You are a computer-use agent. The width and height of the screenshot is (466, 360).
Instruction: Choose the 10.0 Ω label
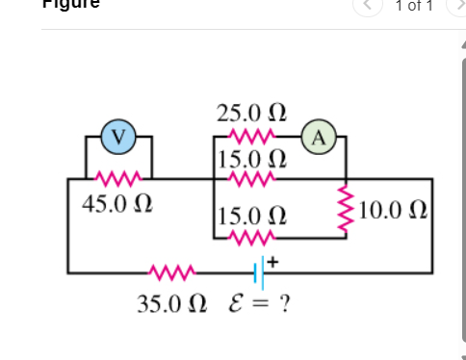click(394, 209)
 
